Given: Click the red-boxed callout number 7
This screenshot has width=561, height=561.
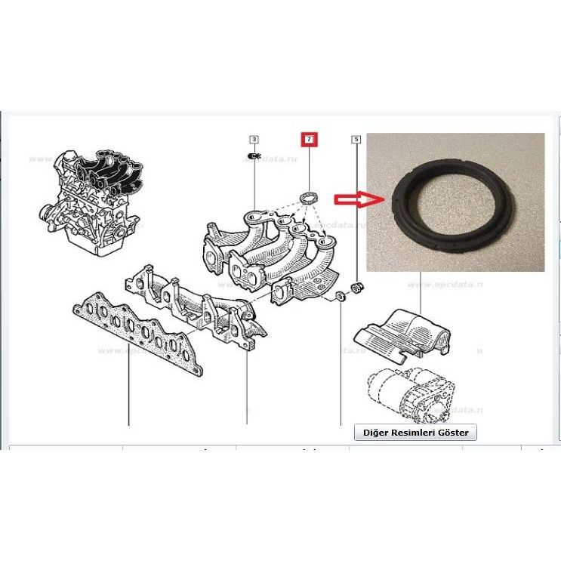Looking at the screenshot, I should coord(309,140).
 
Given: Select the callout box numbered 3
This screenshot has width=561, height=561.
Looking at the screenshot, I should coord(254,140).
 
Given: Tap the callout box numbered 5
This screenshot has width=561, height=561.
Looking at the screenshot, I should coord(356,140).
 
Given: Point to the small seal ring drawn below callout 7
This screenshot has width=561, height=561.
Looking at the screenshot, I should coord(308,198).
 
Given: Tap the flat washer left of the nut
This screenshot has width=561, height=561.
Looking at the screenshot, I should coord(341,293).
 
